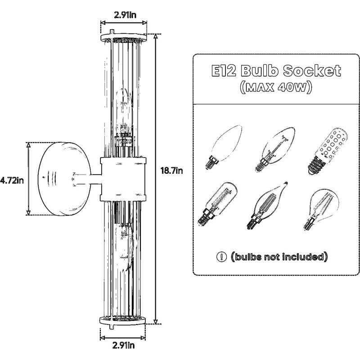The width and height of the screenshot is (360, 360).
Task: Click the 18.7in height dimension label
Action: coord(171,171)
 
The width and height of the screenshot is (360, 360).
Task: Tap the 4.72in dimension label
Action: coord(12,180)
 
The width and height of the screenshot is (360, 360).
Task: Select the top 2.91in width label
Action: coord(125,15)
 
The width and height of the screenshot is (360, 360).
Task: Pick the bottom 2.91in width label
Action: coord(123,345)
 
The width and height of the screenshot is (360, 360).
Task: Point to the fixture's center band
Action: coord(123,179)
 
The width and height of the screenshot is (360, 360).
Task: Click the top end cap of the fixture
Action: coord(123,37)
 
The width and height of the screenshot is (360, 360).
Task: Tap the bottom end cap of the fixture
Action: coord(122,320)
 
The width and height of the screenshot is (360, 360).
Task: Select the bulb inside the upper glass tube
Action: coord(124,112)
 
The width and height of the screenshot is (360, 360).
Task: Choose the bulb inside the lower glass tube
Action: coord(124,248)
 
